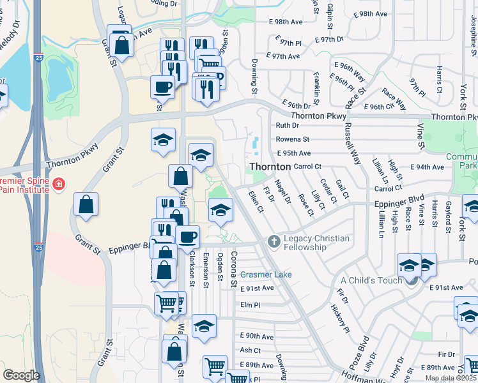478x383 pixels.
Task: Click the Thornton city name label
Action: [269, 166]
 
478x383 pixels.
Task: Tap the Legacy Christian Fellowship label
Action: [318, 243]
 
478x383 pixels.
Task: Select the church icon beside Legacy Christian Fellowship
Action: [274, 241]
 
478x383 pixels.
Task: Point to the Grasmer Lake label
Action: [266, 274]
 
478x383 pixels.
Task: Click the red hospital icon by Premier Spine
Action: [59, 184]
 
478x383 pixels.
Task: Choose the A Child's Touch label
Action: [371, 280]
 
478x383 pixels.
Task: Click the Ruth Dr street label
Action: [288, 126]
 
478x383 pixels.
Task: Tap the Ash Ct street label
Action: [250, 350]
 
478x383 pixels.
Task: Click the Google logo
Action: [21, 375]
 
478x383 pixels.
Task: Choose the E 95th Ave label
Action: [294, 153]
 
